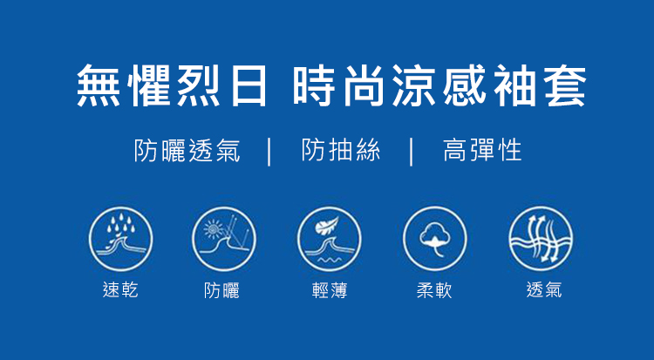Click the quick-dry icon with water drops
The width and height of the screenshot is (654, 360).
120,240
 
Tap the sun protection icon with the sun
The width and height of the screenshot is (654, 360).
224,240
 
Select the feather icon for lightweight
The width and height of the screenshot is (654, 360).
330,240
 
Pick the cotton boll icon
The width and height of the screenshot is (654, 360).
435,240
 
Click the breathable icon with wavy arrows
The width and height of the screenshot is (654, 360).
541,240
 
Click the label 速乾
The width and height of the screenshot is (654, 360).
120,289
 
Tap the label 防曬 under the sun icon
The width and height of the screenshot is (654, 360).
221,290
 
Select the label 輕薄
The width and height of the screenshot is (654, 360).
330,290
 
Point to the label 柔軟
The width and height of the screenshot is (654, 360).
434,290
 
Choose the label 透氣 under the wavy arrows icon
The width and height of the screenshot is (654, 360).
544,289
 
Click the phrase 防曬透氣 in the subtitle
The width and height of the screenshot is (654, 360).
187,150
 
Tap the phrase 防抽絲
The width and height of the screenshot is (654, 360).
341,150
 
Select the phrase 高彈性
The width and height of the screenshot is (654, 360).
482,150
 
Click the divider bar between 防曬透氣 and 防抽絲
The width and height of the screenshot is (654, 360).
269,153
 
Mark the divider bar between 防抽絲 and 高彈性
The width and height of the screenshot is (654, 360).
412,153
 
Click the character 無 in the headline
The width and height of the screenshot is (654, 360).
99,85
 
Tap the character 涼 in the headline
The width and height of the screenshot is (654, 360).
413,85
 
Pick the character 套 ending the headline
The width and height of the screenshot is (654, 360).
565,85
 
